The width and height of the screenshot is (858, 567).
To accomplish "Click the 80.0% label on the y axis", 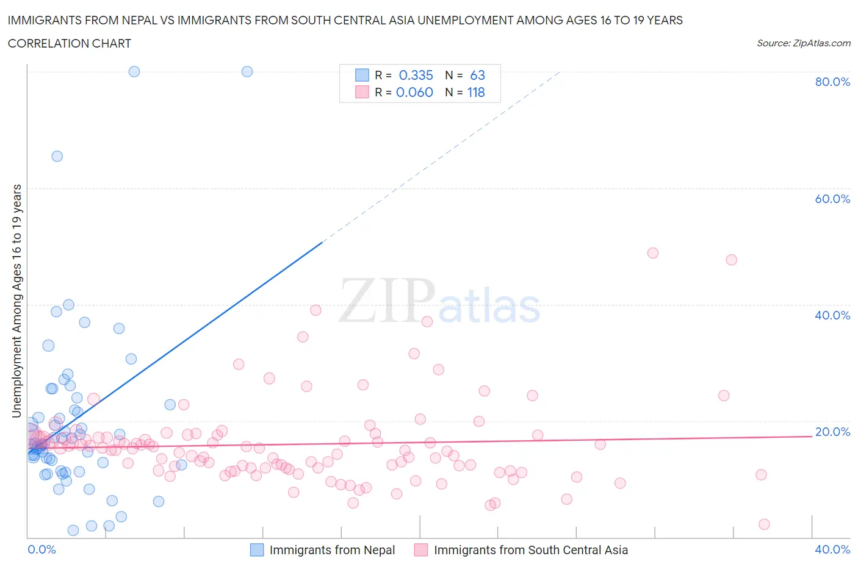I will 832,82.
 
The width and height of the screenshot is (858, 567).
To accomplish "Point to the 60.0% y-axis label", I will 832,199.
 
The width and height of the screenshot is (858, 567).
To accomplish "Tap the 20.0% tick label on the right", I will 832,432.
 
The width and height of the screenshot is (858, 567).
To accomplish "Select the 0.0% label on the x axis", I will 41,549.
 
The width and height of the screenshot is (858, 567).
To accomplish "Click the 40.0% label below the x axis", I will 832,549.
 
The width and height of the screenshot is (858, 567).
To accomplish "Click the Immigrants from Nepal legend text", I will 332,550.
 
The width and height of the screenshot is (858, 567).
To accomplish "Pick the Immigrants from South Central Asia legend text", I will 530,550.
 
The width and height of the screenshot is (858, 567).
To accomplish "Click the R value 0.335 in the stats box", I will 416,75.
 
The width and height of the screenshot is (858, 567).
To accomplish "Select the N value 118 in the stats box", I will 476,92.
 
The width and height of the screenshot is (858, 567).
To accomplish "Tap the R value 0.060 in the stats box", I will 414,92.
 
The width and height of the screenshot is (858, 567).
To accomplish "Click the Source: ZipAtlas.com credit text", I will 803,43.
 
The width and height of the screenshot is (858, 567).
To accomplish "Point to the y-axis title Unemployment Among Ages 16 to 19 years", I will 16,301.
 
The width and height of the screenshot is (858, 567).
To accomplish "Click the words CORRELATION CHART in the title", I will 70,43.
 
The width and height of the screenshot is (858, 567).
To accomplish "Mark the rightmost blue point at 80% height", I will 247,71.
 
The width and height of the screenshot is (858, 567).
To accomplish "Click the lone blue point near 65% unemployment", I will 57,156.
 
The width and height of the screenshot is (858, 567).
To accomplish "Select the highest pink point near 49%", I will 653,253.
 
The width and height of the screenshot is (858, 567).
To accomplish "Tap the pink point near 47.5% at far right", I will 731,260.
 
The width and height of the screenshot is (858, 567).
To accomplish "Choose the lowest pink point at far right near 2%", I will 764,524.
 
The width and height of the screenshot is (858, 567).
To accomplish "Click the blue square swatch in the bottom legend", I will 257,550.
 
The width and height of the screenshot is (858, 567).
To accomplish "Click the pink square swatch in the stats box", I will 362,92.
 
